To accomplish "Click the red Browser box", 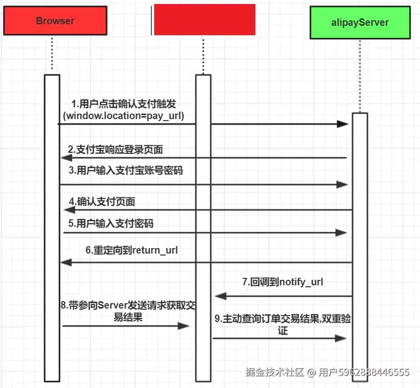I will pyautogui.click(x=55, y=21).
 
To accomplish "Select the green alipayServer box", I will pyautogui.click(x=360, y=22).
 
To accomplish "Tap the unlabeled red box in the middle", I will pyautogui.click(x=204, y=20).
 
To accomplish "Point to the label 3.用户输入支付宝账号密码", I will pyautogui.click(x=125, y=170).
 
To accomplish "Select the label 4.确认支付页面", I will pyautogui.click(x=102, y=201).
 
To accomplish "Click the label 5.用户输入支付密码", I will pyautogui.click(x=111, y=223).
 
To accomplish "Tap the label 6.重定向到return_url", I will pyautogui.click(x=131, y=251).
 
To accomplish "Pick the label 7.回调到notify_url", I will pyautogui.click(x=283, y=282).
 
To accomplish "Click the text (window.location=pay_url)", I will pyautogui.click(x=123, y=116).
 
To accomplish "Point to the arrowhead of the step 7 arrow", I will pyautogui.click(x=221, y=296).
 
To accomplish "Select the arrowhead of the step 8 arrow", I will pyautogui.click(x=184, y=326).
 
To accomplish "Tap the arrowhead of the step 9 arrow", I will pyautogui.click(x=341, y=338).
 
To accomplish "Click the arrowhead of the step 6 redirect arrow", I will pyautogui.click(x=66, y=262).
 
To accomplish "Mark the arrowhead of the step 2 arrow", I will pyautogui.click(x=66, y=158).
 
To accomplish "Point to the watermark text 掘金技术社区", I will pyautogui.click(x=275, y=372).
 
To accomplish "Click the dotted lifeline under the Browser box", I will pyautogui.click(x=52, y=55).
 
